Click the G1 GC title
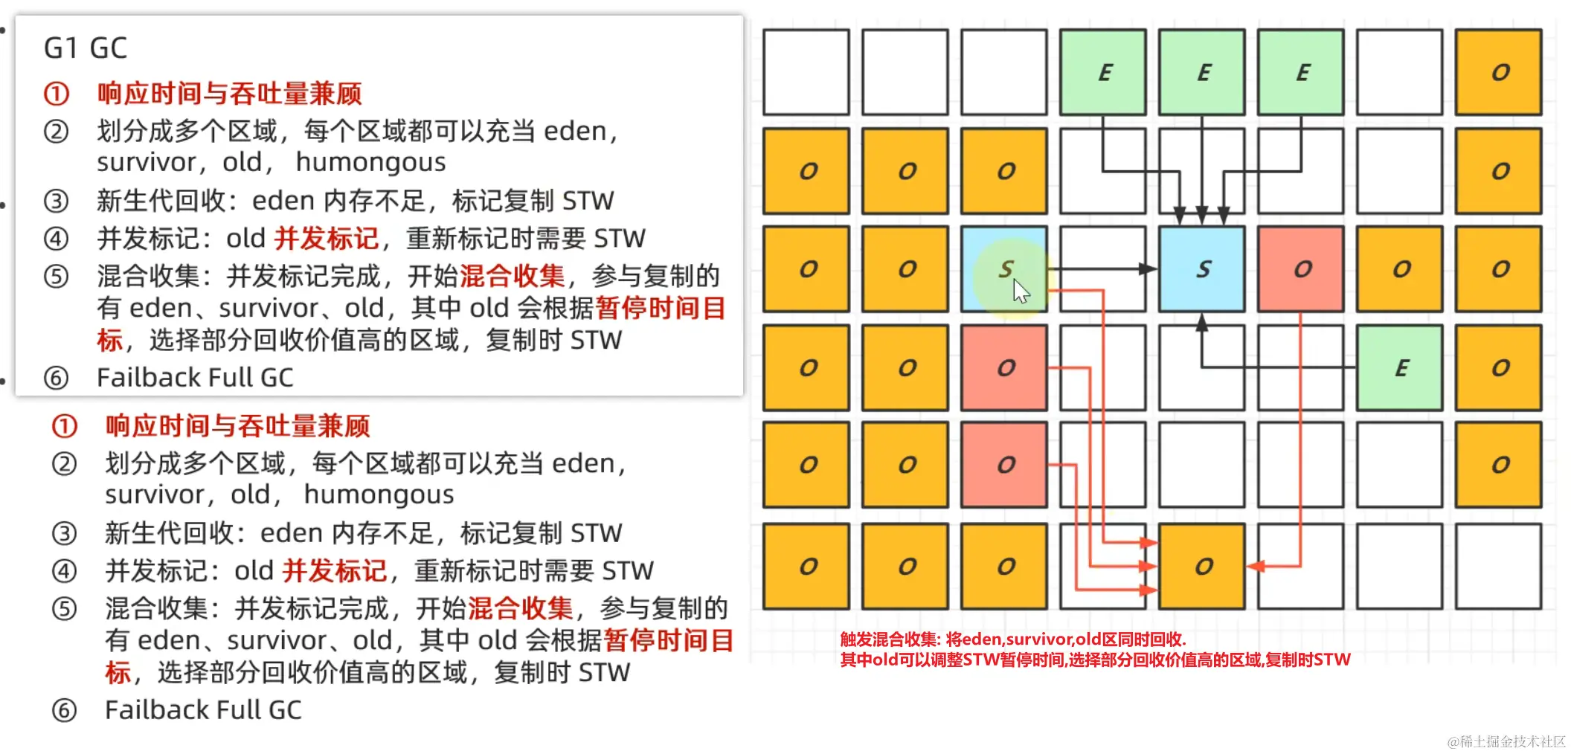[86, 48]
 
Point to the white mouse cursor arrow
[1021, 291]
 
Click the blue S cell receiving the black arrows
[1201, 268]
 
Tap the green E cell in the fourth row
[1399, 367]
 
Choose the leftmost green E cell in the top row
[1102, 72]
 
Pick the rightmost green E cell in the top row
[1300, 72]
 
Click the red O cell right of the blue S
[1300, 268]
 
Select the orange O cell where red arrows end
[1201, 566]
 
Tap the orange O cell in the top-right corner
[1498, 72]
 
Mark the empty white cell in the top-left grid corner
[806, 72]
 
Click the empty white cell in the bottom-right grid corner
[1498, 566]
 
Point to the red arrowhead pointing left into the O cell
[1256, 567]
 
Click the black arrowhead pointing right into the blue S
[1149, 268]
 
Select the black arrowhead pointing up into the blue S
[1201, 322]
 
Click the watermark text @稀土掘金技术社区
[1506, 741]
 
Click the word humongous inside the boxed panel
[370, 162]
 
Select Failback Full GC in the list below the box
[203, 710]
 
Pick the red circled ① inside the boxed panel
[57, 94]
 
